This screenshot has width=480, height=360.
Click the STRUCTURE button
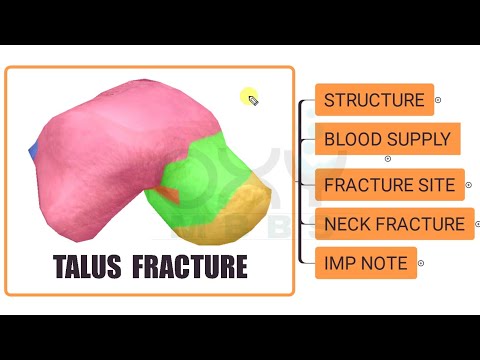coord(374,100)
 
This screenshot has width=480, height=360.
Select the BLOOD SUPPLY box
coord(387,139)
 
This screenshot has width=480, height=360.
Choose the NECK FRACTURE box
coord(394,224)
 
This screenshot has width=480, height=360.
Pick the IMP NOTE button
coord(365,263)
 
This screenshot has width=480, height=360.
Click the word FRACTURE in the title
coord(190,267)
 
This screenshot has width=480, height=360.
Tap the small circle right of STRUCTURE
coord(438,100)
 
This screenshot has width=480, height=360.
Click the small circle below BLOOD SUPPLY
coord(388,159)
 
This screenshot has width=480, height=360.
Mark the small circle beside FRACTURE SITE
coord(468,185)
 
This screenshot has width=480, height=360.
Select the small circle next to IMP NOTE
coord(421,263)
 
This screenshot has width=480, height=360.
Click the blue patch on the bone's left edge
coord(33,150)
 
